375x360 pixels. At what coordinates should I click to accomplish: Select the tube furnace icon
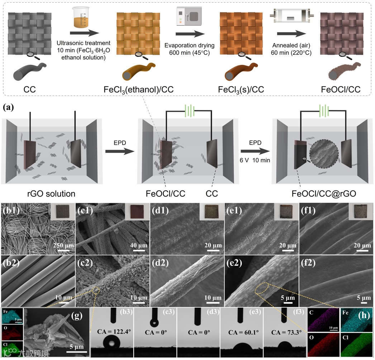291,17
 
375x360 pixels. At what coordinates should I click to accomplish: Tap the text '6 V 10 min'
256,159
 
